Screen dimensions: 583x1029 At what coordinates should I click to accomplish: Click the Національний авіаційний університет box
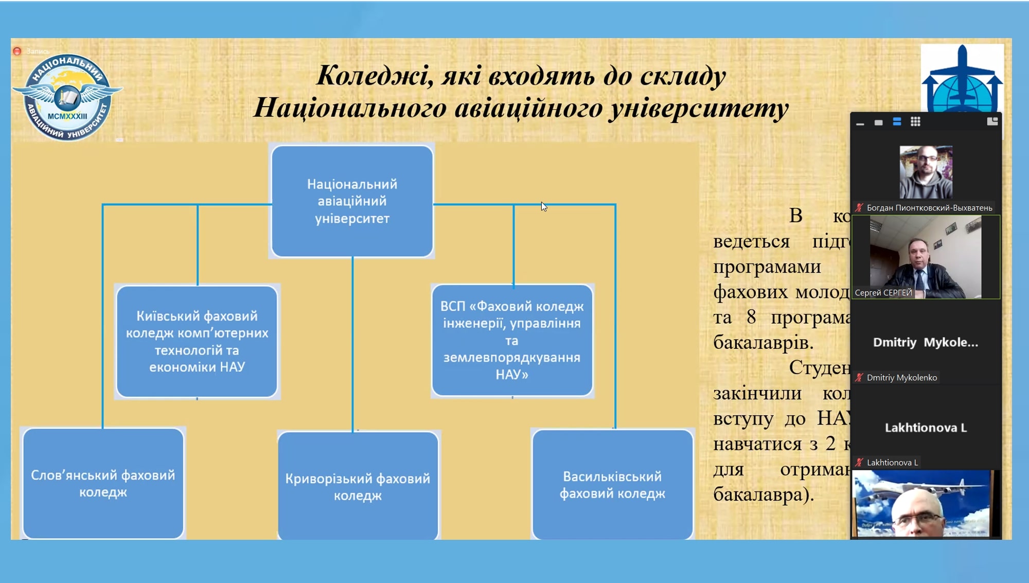(x=352, y=201)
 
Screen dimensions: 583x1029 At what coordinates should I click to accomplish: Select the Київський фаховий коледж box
(x=197, y=341)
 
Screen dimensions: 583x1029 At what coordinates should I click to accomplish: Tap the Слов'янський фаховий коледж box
(x=103, y=483)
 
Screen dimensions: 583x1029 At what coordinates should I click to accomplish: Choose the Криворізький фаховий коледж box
(x=358, y=486)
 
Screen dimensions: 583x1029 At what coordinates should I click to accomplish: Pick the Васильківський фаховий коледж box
(x=612, y=485)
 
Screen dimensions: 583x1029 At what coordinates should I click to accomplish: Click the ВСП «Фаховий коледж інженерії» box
(x=512, y=340)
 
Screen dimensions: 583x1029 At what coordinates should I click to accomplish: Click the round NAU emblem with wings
(x=67, y=97)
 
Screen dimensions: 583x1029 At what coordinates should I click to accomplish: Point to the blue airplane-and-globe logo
(x=961, y=80)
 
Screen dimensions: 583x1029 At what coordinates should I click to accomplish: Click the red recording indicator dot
(x=17, y=51)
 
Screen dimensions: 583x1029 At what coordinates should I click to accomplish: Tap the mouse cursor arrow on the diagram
(x=543, y=206)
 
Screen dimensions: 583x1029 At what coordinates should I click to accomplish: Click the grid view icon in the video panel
(x=915, y=122)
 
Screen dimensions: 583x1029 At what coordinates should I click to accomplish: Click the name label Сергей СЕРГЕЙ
(x=883, y=293)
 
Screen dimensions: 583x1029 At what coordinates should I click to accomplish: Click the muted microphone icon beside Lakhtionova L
(x=859, y=463)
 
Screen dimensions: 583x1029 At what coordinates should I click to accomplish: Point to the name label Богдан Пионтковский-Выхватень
(x=929, y=208)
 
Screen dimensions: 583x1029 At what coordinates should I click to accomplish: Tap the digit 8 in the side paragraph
(x=751, y=317)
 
